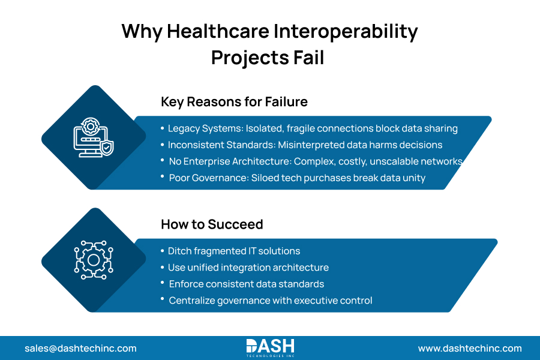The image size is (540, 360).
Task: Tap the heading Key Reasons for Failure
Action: pyautogui.click(x=234, y=102)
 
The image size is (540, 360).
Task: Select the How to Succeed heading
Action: pyautogui.click(x=212, y=224)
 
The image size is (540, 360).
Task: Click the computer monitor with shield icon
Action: pyautogui.click(x=93, y=137)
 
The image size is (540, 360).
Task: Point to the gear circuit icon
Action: pyautogui.click(x=93, y=260)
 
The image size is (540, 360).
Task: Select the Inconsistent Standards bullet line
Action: pyautogui.click(x=305, y=145)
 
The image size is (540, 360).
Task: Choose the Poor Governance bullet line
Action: pyautogui.click(x=297, y=178)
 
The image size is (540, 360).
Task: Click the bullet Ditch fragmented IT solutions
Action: pyautogui.click(x=233, y=251)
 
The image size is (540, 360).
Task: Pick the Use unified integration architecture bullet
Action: pyautogui.click(x=248, y=268)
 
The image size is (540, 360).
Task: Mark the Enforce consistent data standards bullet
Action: pyautogui.click(x=246, y=284)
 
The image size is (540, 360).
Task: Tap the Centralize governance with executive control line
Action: pyautogui.click(x=270, y=300)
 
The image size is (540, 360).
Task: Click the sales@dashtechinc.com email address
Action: pyautogui.click(x=80, y=348)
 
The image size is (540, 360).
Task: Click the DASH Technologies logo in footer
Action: pyautogui.click(x=270, y=347)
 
